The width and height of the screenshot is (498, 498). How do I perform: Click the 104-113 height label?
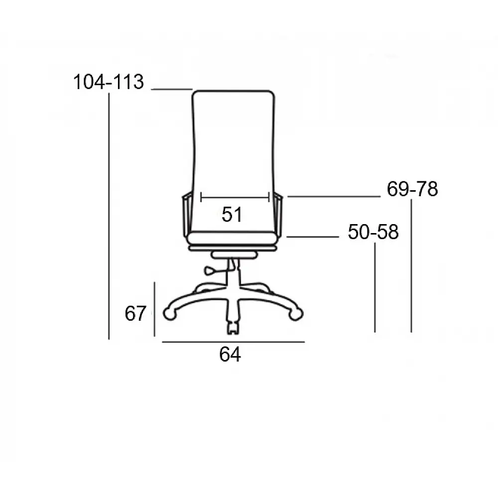click(109, 82)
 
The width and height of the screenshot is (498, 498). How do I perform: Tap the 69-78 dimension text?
click(412, 189)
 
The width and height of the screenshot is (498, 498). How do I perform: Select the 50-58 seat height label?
click(373, 232)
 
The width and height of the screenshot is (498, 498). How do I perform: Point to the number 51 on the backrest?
click(232, 214)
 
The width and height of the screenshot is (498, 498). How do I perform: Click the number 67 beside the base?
click(135, 313)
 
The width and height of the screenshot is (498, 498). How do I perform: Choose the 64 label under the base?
click(230, 354)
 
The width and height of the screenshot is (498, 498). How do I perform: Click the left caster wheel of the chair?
click(170, 313)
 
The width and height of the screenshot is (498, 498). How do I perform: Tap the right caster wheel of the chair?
click(296, 314)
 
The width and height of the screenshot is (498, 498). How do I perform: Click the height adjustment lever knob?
click(210, 271)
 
